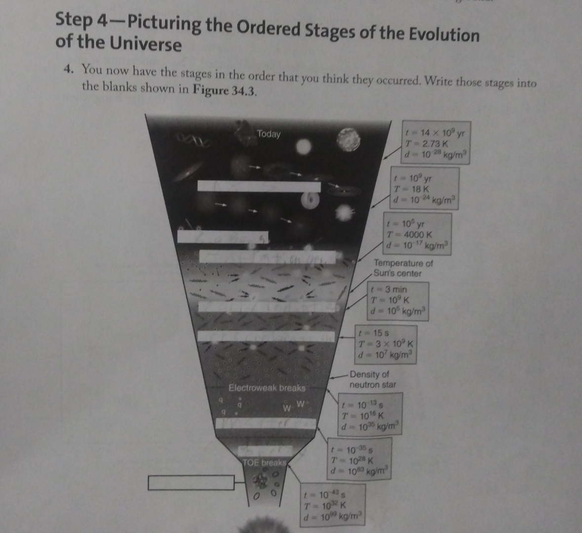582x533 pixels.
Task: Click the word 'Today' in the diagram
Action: (x=269, y=134)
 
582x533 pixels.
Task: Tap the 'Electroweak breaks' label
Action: (x=267, y=387)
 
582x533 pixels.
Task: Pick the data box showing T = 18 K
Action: (x=425, y=189)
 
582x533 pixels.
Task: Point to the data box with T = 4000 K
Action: (x=418, y=234)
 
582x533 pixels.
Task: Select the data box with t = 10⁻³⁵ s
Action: (x=360, y=460)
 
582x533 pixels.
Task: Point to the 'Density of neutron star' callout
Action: (x=372, y=379)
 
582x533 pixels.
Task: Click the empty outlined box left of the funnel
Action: (x=192, y=482)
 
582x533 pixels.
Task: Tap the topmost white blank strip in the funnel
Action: (x=259, y=187)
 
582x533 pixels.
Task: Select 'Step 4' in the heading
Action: (x=81, y=21)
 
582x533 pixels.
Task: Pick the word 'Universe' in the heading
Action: (x=147, y=44)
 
